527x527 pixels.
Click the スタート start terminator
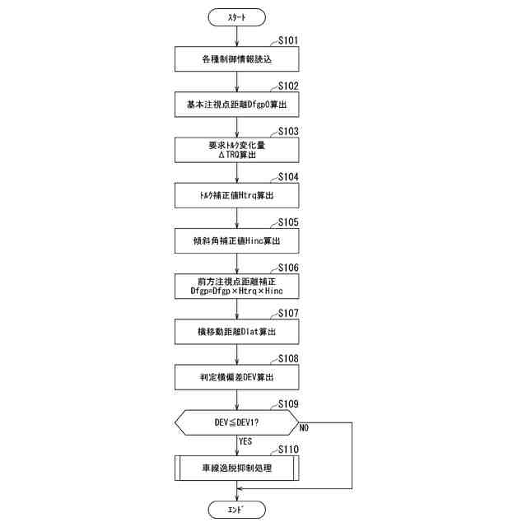pyautogui.click(x=237, y=16)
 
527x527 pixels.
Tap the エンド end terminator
pyautogui.click(x=237, y=510)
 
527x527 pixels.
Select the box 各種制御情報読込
pyautogui.click(x=237, y=59)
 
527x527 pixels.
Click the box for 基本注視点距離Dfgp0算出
pyautogui.click(x=237, y=105)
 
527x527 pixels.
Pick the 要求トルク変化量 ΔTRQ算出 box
pyautogui.click(x=237, y=150)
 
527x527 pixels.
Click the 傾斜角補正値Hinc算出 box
pyautogui.click(x=237, y=240)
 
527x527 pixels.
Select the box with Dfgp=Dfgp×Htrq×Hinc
pyautogui.click(x=237, y=286)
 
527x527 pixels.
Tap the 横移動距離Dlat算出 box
pyautogui.click(x=237, y=331)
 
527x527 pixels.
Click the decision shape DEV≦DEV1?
pyautogui.click(x=237, y=422)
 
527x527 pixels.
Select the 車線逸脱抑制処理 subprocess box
pyautogui.click(x=237, y=468)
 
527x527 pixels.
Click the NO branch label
pyautogui.click(x=304, y=428)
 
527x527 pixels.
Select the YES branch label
pyautogui.click(x=245, y=441)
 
